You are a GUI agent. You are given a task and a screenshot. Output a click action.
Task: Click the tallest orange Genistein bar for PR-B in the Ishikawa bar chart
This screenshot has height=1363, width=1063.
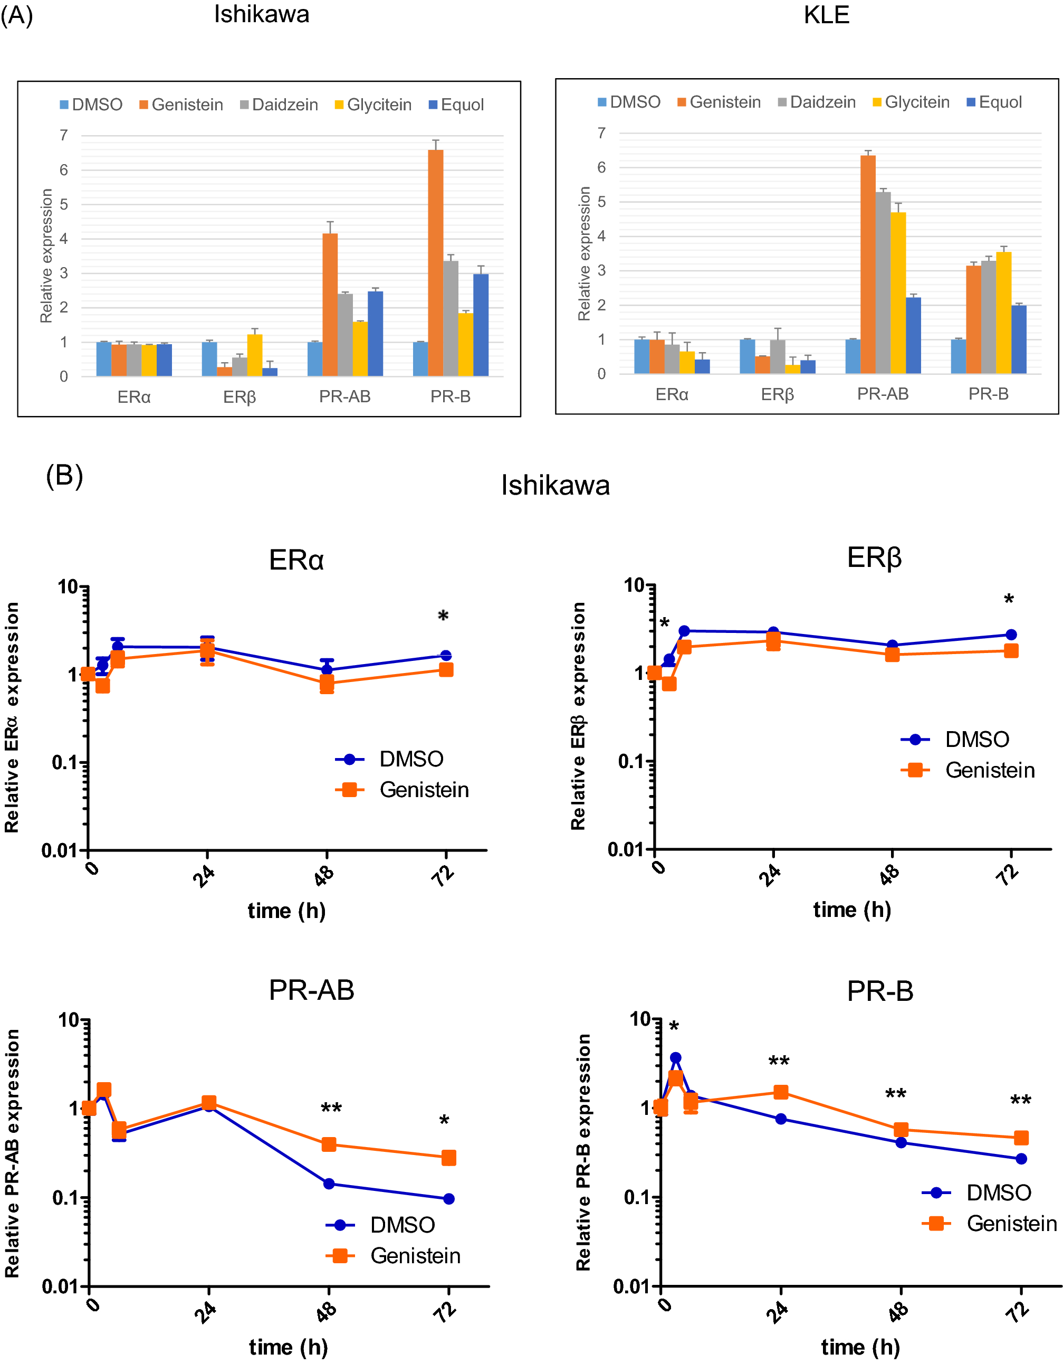(435, 262)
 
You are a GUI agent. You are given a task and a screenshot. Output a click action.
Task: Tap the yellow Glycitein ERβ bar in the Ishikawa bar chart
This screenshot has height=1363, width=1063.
(254, 355)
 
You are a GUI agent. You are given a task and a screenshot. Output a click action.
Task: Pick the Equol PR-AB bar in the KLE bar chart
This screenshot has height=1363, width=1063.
(913, 335)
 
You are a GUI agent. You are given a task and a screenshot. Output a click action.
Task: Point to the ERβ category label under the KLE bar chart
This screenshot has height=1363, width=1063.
(777, 394)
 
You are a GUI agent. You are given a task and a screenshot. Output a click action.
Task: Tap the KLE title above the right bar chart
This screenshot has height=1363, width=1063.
(826, 15)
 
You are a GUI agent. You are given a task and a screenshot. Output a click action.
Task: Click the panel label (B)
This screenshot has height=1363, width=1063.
(64, 476)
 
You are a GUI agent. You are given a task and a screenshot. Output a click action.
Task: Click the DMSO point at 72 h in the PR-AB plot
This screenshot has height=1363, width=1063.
(448, 1199)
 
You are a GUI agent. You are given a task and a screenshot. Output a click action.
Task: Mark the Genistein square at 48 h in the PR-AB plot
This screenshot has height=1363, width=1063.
(329, 1144)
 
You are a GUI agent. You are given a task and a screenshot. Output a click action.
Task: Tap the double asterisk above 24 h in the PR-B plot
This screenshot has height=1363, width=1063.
(779, 1062)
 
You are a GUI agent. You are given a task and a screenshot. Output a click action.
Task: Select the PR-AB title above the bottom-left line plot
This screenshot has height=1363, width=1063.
(311, 990)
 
